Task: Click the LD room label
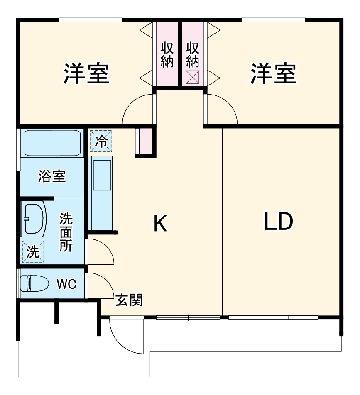(x=279, y=222)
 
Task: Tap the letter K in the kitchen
(x=160, y=224)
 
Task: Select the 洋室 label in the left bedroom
(x=86, y=74)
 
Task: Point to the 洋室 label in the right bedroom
(x=273, y=74)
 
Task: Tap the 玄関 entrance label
(x=129, y=300)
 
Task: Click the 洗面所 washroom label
(x=66, y=232)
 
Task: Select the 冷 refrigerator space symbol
(x=101, y=141)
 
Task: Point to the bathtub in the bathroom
(x=52, y=143)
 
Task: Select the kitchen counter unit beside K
(x=101, y=193)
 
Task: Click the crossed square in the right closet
(x=192, y=78)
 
